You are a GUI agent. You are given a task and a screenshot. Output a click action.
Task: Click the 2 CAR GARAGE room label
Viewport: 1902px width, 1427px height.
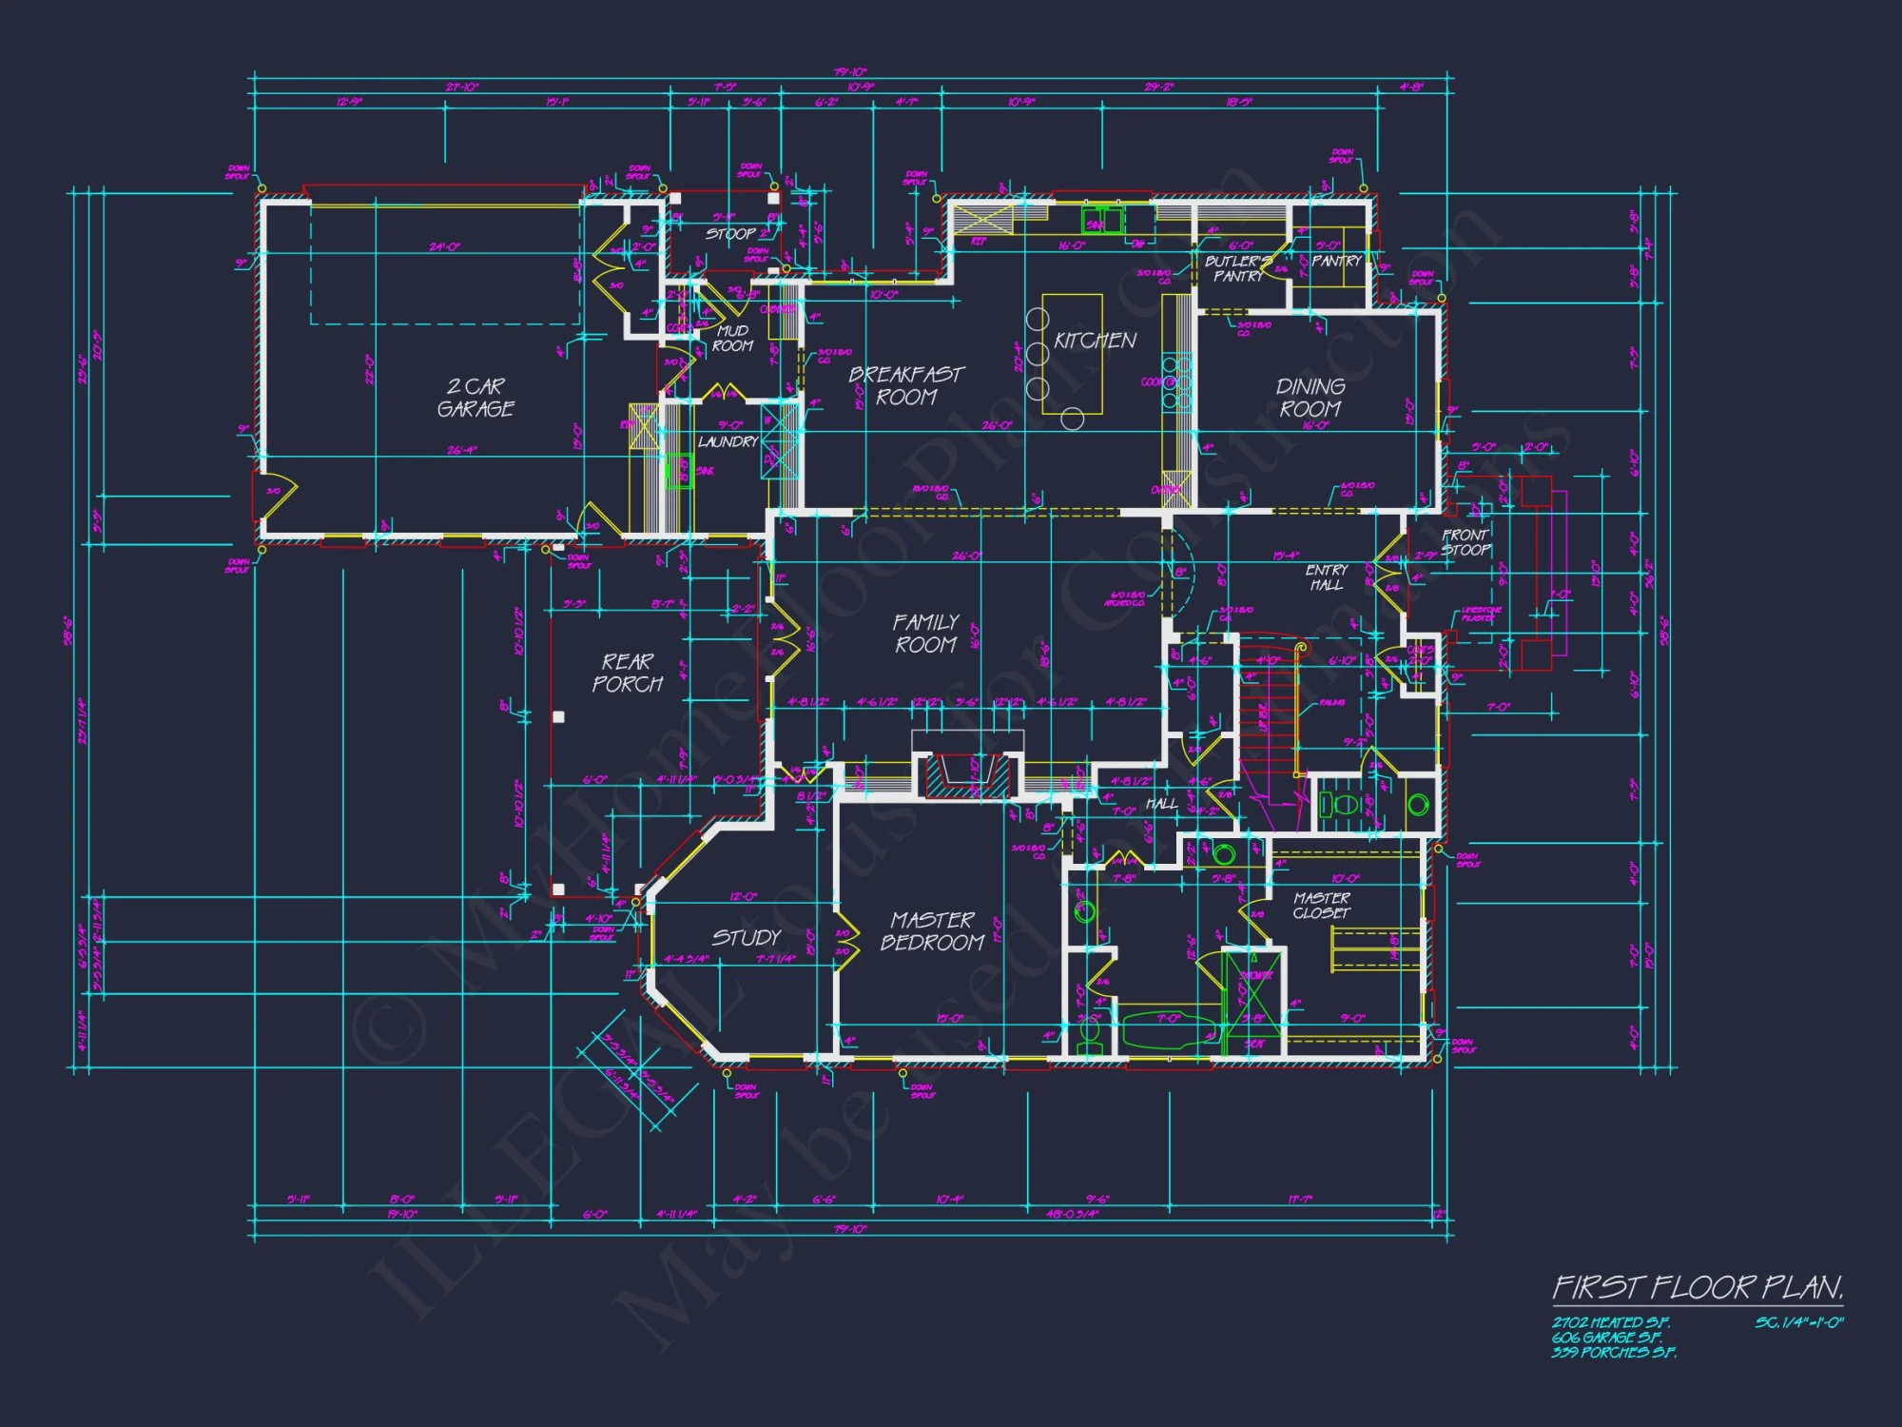coord(475,398)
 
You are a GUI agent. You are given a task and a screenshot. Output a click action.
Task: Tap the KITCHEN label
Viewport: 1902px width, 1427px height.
coord(1095,341)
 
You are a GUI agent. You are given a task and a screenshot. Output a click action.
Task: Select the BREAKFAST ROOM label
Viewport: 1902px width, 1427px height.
coord(906,385)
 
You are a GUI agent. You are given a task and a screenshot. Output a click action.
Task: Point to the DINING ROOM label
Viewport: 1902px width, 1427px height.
coord(1310,398)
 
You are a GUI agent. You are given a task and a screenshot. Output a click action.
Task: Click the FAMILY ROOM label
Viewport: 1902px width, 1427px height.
coord(925,634)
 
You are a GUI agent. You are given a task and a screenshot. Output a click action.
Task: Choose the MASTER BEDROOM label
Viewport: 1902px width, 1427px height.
coord(932,931)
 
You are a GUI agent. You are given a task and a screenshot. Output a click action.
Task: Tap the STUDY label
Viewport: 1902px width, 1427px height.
coord(747,938)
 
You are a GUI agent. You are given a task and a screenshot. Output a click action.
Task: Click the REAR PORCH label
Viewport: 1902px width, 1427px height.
coord(628,673)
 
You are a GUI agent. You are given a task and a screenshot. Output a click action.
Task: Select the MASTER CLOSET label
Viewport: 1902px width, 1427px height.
coord(1322,905)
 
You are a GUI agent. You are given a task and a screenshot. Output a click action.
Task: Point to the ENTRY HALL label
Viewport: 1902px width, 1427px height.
coord(1327,577)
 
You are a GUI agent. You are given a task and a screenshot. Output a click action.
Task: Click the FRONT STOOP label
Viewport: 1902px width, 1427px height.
coord(1465,542)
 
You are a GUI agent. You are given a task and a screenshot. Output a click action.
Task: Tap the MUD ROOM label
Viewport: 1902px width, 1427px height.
coord(732,339)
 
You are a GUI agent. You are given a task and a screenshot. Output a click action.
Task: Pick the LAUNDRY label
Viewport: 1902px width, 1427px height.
coord(728,442)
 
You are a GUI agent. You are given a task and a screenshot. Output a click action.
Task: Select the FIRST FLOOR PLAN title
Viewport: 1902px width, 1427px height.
coord(1698,1288)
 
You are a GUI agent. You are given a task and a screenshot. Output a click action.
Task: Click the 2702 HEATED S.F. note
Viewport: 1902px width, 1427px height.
coord(1611,1322)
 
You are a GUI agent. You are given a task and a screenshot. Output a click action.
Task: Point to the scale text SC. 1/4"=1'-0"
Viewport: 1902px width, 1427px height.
coord(1799,1322)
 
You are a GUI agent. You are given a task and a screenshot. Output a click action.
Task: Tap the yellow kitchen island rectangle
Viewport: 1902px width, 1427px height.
coord(1072,354)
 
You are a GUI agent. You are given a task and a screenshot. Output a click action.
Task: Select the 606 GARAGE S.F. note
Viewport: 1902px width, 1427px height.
coord(1607,1338)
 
